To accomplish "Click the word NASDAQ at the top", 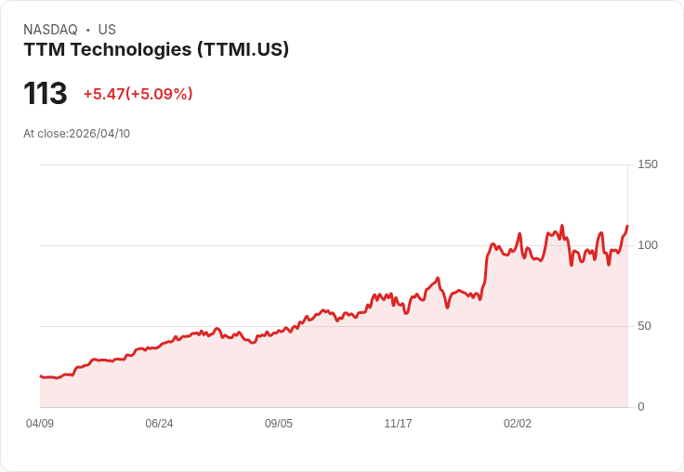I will pyautogui.click(x=50, y=30).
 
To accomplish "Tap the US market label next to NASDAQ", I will pyautogui.click(x=107, y=30).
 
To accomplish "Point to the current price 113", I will pyautogui.click(x=46, y=94).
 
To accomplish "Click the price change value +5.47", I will pyautogui.click(x=104, y=94).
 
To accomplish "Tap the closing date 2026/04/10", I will pyautogui.click(x=99, y=134).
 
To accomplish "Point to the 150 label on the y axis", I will pyautogui.click(x=648, y=164).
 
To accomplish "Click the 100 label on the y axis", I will pyautogui.click(x=648, y=245).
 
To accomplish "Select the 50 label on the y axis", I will pyautogui.click(x=645, y=326).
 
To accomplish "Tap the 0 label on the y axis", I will pyautogui.click(x=641, y=407).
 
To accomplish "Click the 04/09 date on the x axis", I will pyautogui.click(x=40, y=424).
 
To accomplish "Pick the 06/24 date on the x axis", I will pyautogui.click(x=159, y=424).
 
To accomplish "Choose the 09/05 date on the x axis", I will pyautogui.click(x=279, y=424).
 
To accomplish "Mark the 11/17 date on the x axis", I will pyautogui.click(x=398, y=424).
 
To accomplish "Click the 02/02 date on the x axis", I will pyautogui.click(x=518, y=424).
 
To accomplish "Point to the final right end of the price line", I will pyautogui.click(x=627, y=226).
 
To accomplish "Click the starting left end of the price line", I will pyautogui.click(x=40, y=375).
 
